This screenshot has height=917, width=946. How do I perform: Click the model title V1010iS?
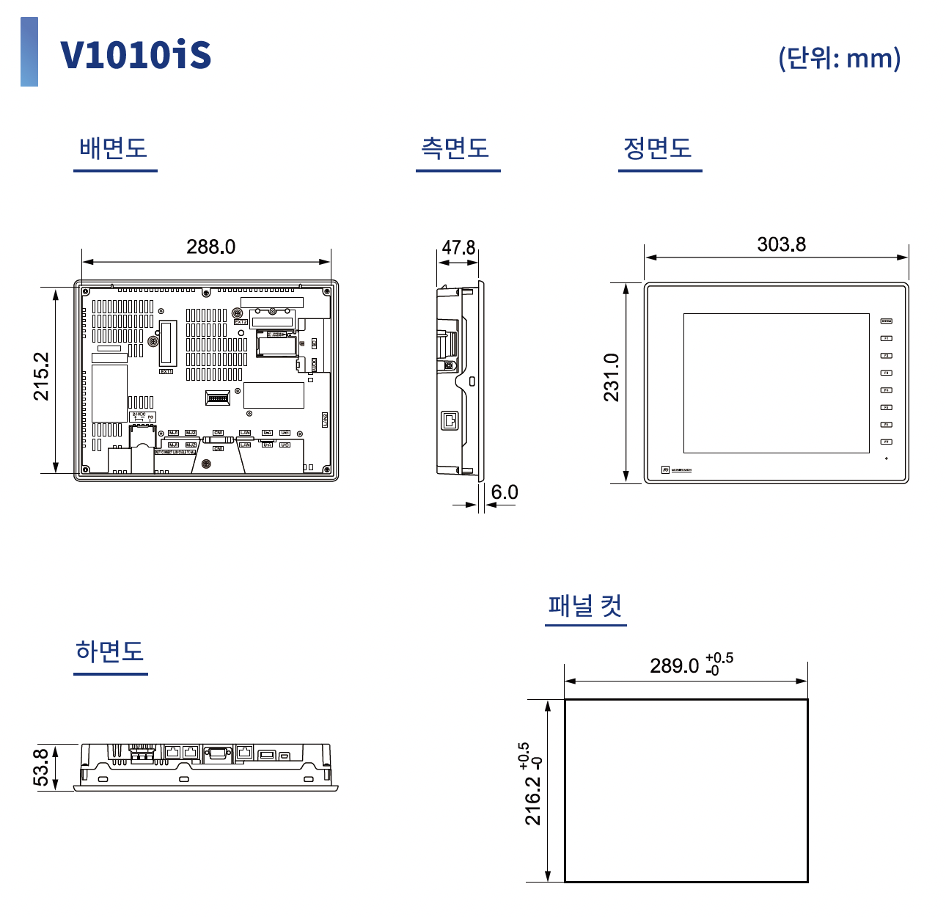point(136,55)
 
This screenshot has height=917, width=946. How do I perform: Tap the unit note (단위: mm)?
point(839,58)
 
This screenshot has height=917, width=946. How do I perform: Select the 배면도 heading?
point(114,148)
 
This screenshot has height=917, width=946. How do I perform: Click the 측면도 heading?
point(455,148)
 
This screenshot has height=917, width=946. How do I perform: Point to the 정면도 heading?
point(658,148)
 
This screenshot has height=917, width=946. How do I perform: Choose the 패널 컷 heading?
point(585,607)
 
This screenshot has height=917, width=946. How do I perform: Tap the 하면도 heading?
point(110,651)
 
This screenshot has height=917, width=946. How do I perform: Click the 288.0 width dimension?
point(210,246)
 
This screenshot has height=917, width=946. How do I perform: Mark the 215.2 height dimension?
point(42,376)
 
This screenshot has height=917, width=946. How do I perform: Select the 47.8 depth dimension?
point(458,248)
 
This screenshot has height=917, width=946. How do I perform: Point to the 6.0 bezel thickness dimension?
point(505,492)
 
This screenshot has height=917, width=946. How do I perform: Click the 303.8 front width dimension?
point(781,244)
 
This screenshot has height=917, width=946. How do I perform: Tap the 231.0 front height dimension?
point(612,378)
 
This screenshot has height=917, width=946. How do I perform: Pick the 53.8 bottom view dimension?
point(42,767)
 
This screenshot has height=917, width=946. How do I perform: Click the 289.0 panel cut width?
point(675,666)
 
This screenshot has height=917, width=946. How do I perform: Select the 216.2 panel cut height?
point(533,800)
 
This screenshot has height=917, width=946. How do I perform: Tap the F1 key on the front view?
point(886,338)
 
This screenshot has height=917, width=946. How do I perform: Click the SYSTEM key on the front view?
point(886,321)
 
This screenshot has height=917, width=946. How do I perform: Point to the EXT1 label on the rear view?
point(166,371)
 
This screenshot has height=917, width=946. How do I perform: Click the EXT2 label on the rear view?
point(241,322)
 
